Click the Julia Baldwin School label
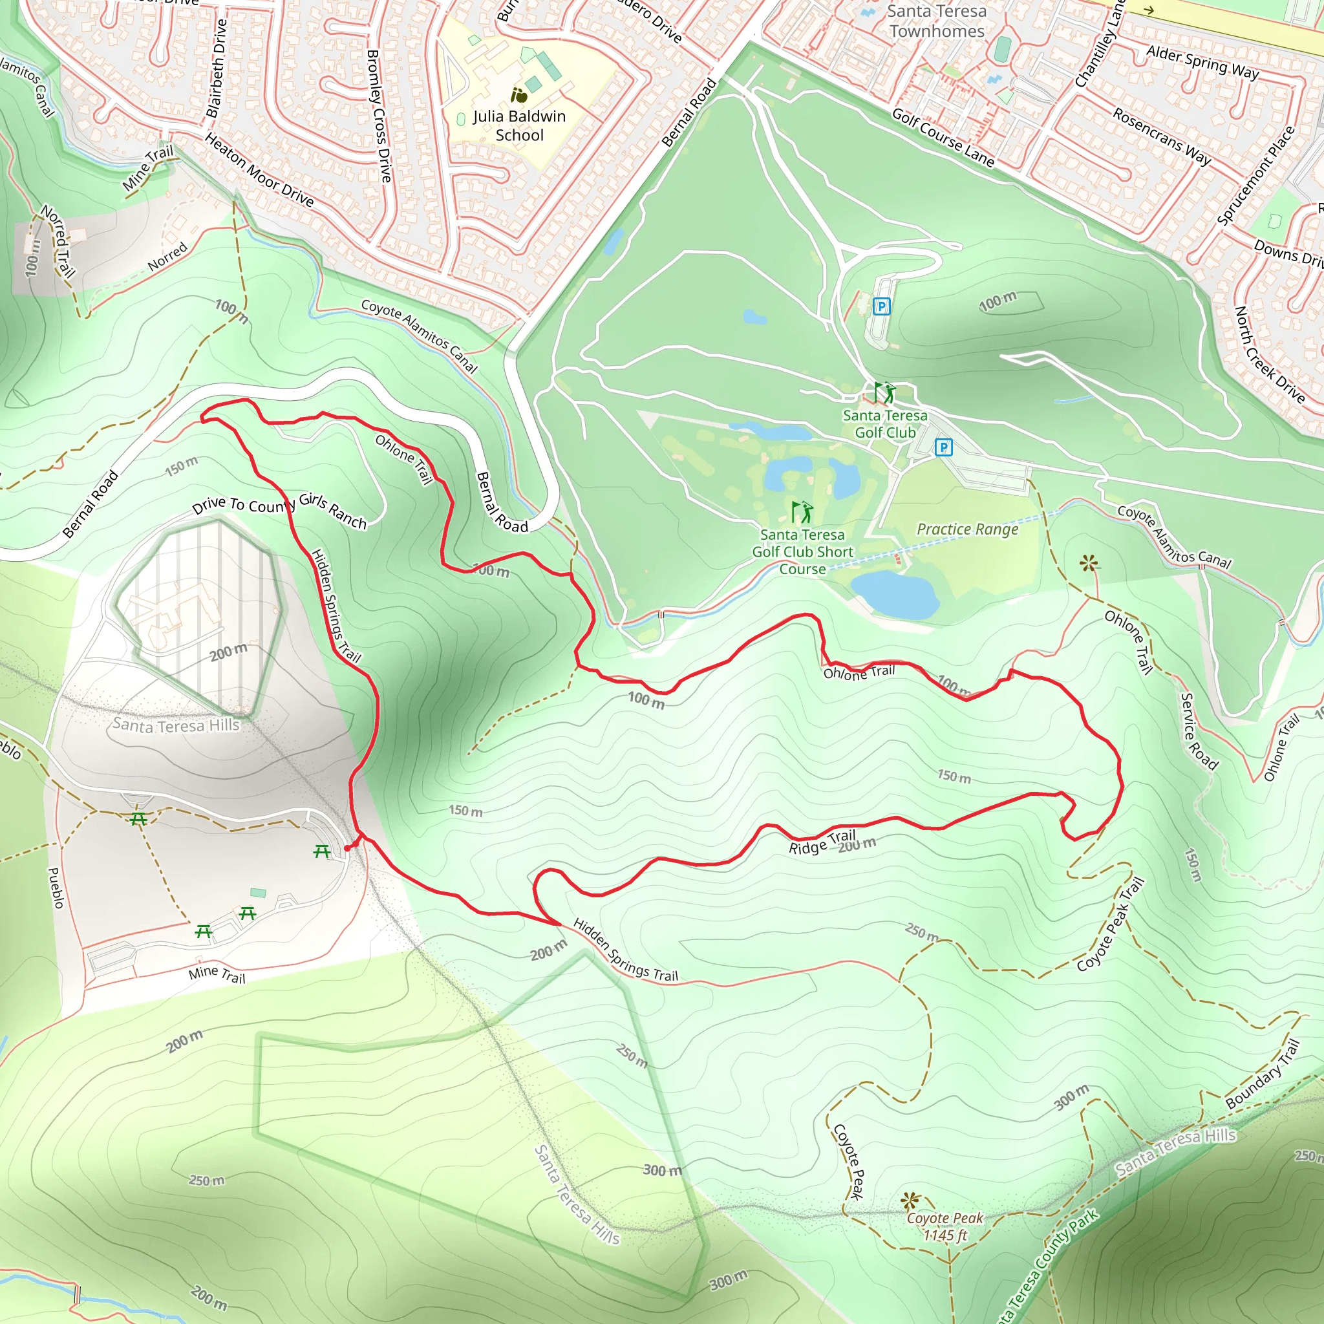click(520, 125)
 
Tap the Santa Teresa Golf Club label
click(885, 423)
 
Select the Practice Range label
click(967, 529)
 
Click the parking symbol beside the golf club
click(944, 448)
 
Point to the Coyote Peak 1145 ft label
click(945, 1226)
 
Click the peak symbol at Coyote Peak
click(910, 1201)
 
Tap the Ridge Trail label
click(822, 842)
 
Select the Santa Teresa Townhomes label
click(936, 21)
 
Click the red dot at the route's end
click(347, 848)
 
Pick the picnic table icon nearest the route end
click(322, 852)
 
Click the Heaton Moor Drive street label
click(259, 170)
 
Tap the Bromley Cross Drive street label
click(379, 115)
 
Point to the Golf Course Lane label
click(943, 137)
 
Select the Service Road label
click(1198, 731)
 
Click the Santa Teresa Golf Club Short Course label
click(802, 551)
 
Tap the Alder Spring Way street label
click(1202, 62)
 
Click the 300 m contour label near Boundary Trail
click(1071, 1098)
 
